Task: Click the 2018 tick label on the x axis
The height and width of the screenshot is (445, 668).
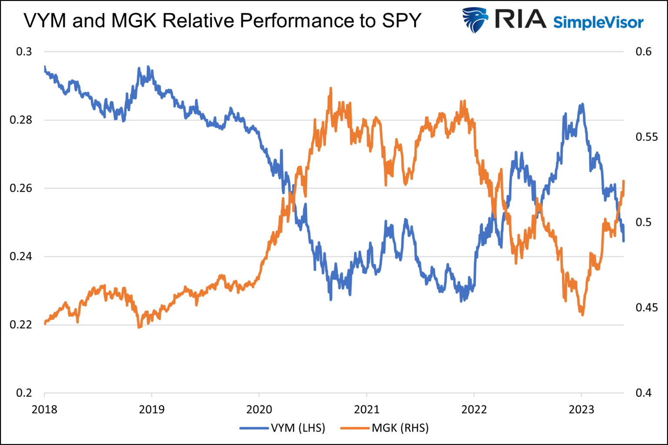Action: [x=44, y=409]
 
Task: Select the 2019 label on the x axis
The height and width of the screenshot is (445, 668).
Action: [x=152, y=409]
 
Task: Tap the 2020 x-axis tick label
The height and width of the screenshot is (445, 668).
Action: [x=259, y=409]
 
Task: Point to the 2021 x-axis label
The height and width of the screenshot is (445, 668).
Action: [x=367, y=409]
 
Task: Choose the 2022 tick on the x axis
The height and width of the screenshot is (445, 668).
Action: [x=474, y=409]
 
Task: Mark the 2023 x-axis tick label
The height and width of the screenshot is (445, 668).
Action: [x=581, y=409]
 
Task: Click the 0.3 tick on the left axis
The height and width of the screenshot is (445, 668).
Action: [x=24, y=52]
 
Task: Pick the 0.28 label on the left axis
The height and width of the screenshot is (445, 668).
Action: [x=21, y=120]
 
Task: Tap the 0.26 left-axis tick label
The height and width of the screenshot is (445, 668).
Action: [x=21, y=188]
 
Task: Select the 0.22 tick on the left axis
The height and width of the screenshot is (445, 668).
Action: [x=21, y=325]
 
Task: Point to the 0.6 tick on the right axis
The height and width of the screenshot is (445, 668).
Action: [x=644, y=52]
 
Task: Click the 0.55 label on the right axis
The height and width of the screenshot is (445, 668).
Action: [x=647, y=137]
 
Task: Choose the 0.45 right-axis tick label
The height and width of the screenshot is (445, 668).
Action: [x=647, y=308]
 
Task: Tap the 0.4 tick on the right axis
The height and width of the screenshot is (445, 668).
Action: [x=644, y=393]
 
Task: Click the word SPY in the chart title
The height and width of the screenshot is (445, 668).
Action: [x=401, y=20]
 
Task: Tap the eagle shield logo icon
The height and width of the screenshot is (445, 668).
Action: [x=475, y=20]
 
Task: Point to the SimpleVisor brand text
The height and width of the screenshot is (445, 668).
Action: [x=598, y=22]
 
